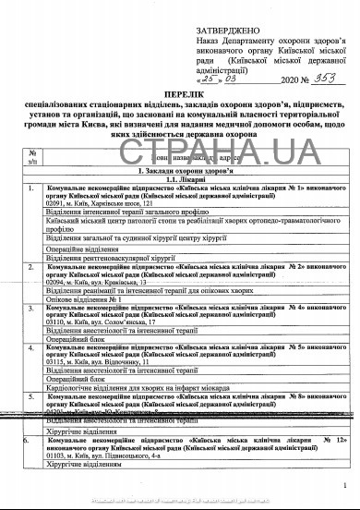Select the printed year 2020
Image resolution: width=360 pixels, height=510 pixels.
[275, 79]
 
